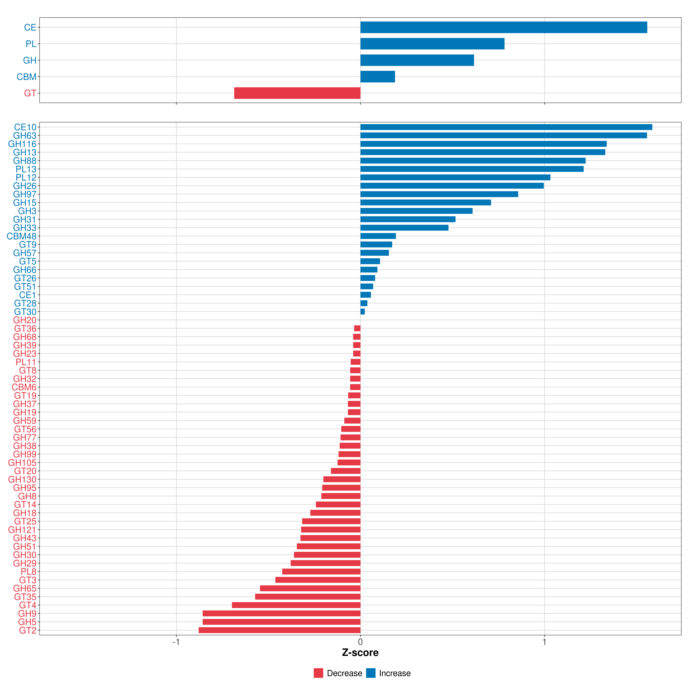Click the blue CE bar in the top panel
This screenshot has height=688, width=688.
tap(504, 27)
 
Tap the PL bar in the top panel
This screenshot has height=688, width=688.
tap(432, 44)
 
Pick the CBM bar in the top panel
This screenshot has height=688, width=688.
tap(378, 77)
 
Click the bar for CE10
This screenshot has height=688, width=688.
tap(506, 127)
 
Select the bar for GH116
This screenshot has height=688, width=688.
tap(483, 144)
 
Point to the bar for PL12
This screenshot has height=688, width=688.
tap(455, 177)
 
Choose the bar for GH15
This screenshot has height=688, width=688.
tap(426, 203)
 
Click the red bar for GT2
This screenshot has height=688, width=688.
tap(279, 630)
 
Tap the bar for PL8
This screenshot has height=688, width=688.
tap(321, 572)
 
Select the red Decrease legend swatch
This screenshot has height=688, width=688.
tap(318, 673)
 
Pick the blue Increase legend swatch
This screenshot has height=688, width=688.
tap(371, 673)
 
